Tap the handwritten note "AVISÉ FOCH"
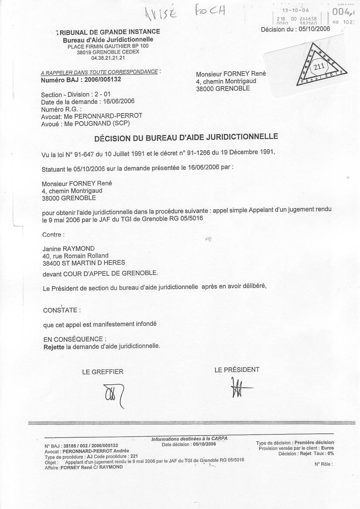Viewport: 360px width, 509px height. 183,13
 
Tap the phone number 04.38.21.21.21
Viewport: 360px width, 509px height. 108,57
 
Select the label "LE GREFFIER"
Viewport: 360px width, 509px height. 103,371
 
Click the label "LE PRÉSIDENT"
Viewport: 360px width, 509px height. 237,370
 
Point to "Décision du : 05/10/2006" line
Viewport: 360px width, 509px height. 295,29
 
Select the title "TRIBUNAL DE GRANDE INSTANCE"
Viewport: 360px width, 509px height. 108,32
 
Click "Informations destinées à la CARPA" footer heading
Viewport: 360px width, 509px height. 189,438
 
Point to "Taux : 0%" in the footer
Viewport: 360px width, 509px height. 324,453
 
